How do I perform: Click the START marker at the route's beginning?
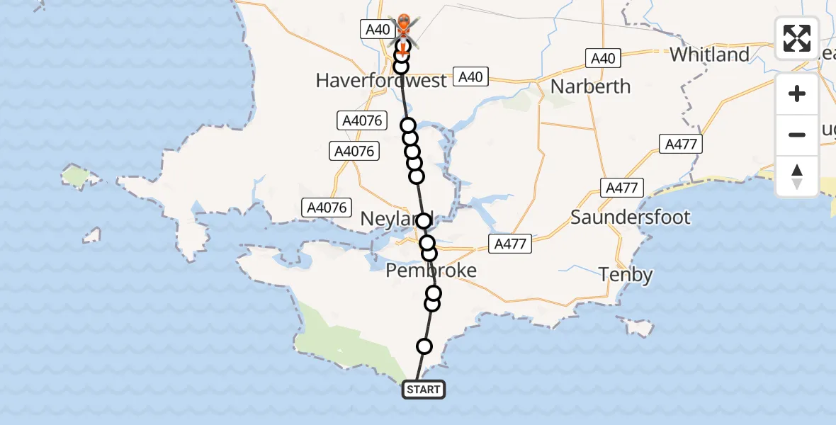[424, 390]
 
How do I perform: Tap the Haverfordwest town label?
[381, 80]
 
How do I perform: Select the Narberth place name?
[590, 86]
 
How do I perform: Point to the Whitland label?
[709, 55]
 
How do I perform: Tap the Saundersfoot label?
[630, 217]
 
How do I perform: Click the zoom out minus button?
[797, 135]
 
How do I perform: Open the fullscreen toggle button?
[797, 38]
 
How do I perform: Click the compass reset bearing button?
[797, 176]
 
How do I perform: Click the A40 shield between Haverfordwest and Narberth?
[471, 77]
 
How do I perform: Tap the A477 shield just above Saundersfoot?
[621, 188]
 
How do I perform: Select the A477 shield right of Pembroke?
[510, 244]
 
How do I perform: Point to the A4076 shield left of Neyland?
[327, 208]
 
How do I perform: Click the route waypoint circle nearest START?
[424, 346]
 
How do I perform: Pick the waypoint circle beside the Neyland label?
[424, 221]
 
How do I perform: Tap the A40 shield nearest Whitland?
[603, 58]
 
